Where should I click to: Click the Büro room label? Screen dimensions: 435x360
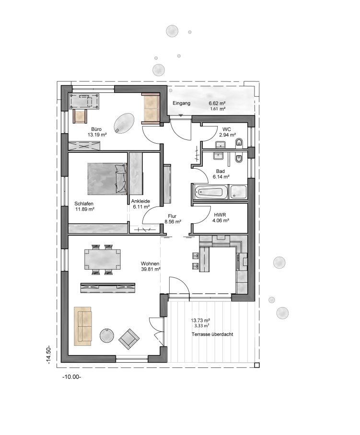click(96, 129)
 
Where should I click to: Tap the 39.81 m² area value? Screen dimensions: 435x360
click(150, 269)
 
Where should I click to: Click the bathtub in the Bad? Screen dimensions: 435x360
click(210, 192)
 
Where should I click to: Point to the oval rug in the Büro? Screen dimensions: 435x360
click(125, 122)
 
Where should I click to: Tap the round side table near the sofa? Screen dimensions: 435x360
click(106, 335)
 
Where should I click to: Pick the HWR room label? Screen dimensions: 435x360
click(221, 215)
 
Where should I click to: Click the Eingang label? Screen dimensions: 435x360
click(182, 103)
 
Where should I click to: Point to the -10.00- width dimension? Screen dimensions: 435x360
click(71, 377)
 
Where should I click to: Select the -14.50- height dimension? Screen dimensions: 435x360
click(49, 356)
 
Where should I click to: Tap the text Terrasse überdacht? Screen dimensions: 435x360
click(212, 334)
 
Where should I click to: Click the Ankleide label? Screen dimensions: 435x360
click(140, 202)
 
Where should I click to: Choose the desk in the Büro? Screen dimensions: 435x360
click(85, 102)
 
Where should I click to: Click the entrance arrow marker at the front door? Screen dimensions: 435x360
click(180, 115)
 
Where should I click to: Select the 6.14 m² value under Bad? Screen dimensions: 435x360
click(221, 177)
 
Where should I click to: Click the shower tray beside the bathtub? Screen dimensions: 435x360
click(238, 192)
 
